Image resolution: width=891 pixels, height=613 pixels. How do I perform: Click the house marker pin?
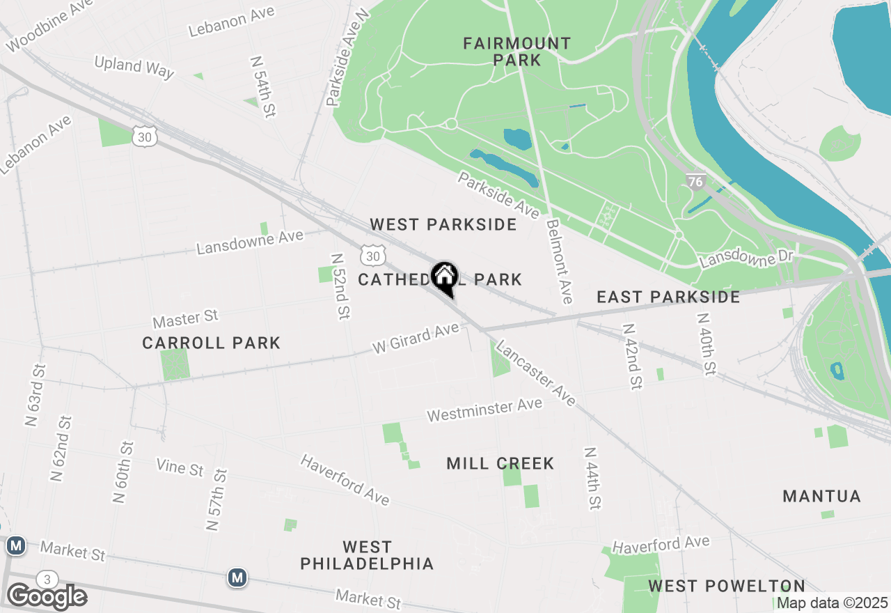click(x=444, y=277)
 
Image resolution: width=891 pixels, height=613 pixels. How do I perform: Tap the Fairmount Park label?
click(x=517, y=52)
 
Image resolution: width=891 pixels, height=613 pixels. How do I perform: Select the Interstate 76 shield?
click(x=695, y=182)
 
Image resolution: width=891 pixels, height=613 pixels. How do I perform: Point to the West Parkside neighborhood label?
click(x=443, y=224)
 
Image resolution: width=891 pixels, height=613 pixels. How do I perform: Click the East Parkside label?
click(x=668, y=297)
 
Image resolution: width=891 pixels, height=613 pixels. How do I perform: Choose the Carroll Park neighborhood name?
click(x=211, y=343)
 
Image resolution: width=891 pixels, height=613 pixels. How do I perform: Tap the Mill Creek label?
click(x=500, y=463)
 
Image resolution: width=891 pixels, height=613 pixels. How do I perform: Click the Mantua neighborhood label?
click(x=821, y=497)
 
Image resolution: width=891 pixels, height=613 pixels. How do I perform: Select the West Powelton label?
click(x=727, y=586)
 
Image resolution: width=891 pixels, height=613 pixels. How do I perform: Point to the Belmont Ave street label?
click(x=560, y=261)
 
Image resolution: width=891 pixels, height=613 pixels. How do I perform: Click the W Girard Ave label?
click(x=416, y=337)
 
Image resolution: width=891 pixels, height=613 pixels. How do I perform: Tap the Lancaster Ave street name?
click(x=536, y=373)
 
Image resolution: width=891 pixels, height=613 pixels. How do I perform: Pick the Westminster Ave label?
click(x=484, y=410)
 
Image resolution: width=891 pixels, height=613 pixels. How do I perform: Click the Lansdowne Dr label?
click(x=747, y=259)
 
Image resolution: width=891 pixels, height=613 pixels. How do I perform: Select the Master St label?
click(x=186, y=319)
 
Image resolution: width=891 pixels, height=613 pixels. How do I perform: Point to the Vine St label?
click(x=180, y=467)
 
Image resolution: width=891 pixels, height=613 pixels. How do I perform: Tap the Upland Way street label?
click(x=134, y=66)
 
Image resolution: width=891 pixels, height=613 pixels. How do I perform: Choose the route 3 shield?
click(x=47, y=580)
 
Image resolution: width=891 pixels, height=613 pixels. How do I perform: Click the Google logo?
click(x=47, y=597)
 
